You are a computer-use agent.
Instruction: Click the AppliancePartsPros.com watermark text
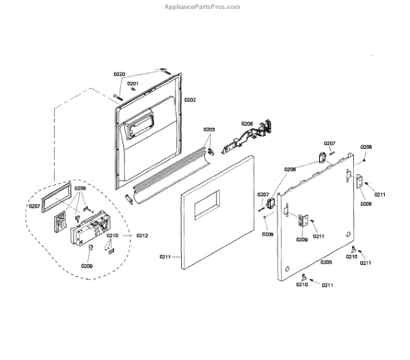pos(204,7)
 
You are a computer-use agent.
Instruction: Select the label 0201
pos(133,83)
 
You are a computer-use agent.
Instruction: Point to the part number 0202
pos(189,100)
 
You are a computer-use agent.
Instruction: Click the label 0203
pos(208,129)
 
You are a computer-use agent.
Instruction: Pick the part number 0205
pos(325,262)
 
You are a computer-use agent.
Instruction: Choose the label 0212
pos(141,236)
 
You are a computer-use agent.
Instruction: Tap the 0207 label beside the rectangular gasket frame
pos(35,206)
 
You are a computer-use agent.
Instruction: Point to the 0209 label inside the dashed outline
pos(86,266)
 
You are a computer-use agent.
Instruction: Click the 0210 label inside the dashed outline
pos(113,236)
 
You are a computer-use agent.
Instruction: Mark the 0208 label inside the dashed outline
pos(80,188)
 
